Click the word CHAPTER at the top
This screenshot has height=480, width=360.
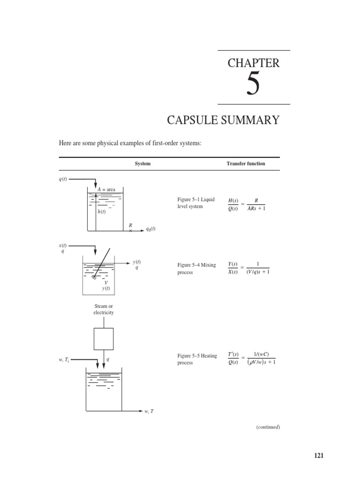coord(253,63)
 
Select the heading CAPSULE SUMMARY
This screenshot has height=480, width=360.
coord(223,120)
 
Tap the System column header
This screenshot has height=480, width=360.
coord(142,164)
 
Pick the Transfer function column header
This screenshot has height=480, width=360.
coord(247,164)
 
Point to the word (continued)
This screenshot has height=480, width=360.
coord(268,427)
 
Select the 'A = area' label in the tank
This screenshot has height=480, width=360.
coord(107,189)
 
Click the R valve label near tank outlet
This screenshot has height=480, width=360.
coord(131,225)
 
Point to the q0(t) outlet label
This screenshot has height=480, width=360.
coord(150,229)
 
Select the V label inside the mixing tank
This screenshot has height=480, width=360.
coord(106,283)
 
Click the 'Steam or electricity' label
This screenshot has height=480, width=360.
coord(104,309)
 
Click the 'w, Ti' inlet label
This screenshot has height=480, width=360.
coord(61,360)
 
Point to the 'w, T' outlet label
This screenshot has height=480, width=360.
coord(149,411)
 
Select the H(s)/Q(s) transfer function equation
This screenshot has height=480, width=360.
coord(247,205)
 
